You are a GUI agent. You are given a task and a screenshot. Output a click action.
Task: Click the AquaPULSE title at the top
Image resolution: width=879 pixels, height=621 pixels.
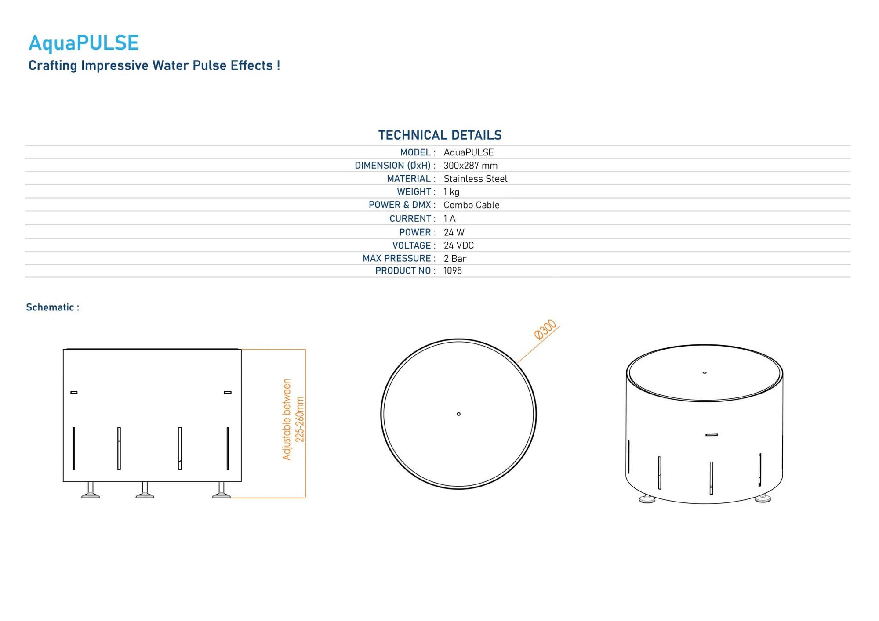(84, 43)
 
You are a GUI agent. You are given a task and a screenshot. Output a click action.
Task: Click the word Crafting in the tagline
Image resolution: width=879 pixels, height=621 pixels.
(53, 65)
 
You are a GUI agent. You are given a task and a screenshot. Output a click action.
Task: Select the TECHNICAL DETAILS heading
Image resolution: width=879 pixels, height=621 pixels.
(439, 135)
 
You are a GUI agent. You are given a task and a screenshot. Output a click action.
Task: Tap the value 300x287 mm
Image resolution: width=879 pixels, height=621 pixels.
(470, 166)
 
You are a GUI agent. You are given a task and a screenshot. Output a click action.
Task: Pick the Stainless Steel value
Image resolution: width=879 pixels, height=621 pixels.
(475, 179)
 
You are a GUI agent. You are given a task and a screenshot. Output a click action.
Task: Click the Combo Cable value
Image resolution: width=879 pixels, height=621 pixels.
(472, 205)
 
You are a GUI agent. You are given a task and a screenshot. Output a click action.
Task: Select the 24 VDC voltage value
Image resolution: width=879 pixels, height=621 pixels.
(458, 246)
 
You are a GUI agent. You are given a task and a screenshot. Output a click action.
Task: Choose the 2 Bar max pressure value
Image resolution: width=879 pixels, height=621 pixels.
(455, 259)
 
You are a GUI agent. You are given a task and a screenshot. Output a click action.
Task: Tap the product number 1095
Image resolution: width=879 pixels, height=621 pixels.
(453, 271)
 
